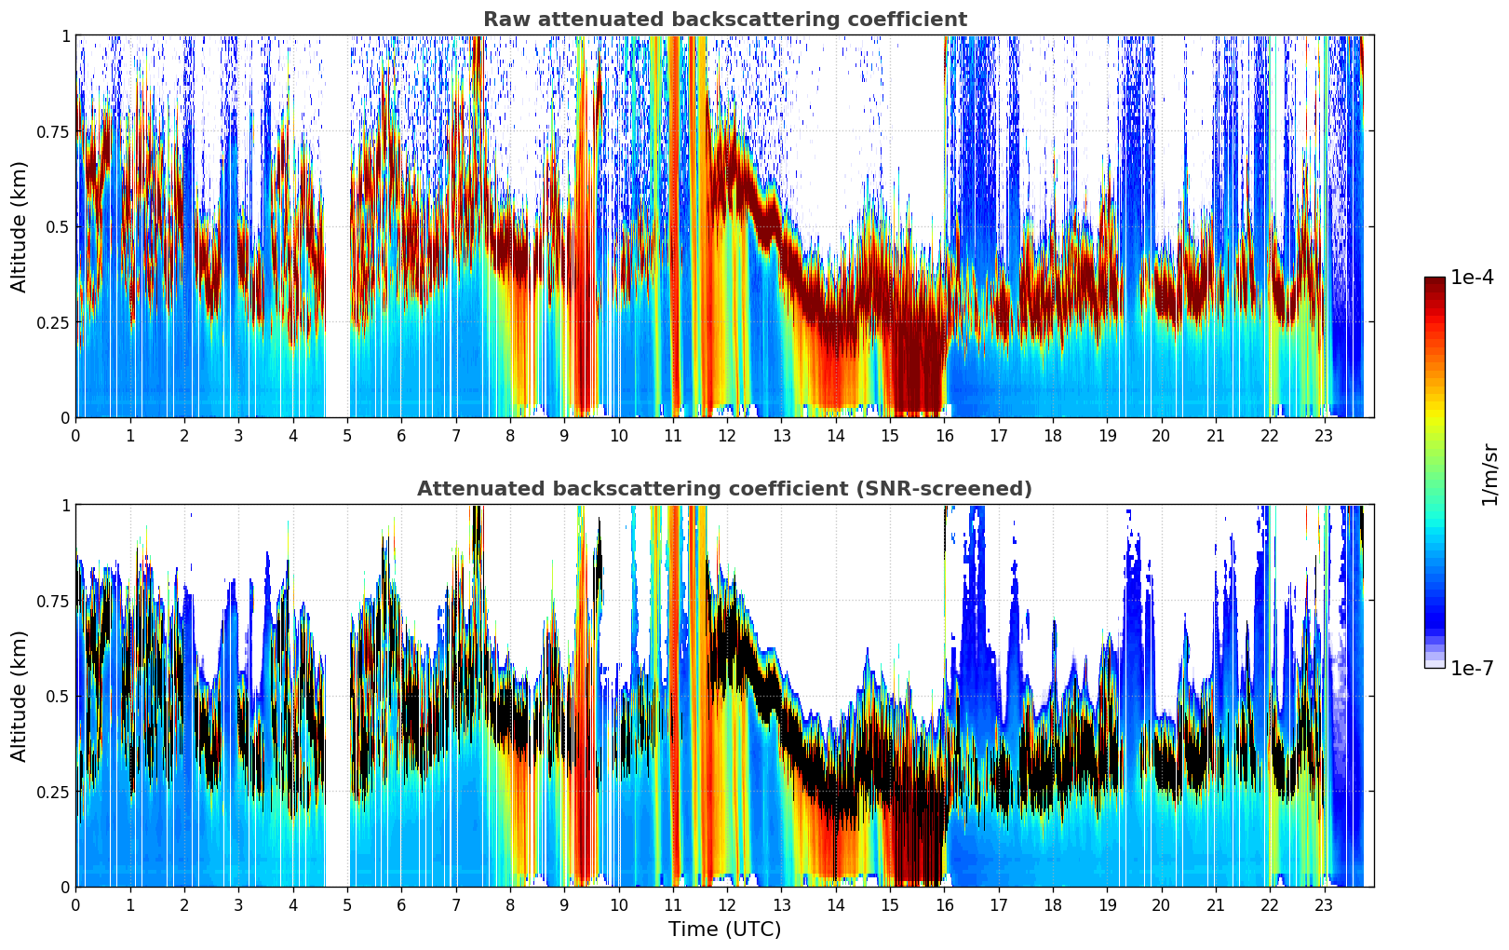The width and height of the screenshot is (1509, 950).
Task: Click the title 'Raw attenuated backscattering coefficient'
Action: click(724, 20)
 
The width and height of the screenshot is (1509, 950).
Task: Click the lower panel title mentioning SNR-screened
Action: click(724, 489)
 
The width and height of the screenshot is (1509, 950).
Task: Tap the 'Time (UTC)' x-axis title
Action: click(724, 930)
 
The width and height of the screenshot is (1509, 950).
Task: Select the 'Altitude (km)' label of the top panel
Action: click(20, 226)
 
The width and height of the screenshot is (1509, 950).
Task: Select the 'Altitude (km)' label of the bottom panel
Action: click(20, 696)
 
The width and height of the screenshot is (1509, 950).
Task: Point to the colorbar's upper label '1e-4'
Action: click(1472, 278)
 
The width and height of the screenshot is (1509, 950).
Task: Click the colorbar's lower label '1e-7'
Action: click(1472, 668)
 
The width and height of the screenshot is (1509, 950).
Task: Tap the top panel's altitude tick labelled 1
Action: click(65, 36)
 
